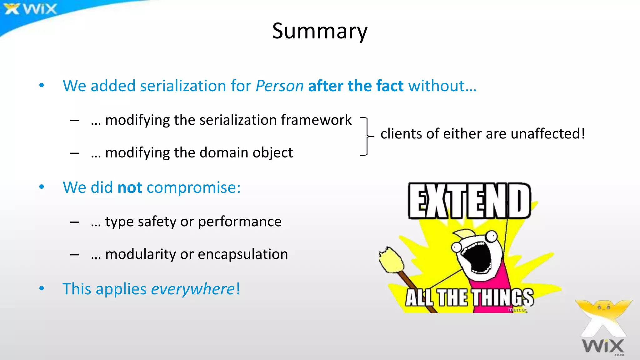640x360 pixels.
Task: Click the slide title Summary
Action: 320,31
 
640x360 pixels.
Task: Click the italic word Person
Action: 279,86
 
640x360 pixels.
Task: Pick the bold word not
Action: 130,187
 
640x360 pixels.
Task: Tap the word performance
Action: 240,222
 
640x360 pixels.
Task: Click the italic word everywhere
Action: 193,289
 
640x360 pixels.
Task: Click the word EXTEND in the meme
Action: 469,201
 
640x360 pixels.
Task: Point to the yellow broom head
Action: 391,259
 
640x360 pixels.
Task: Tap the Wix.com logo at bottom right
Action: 603,328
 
